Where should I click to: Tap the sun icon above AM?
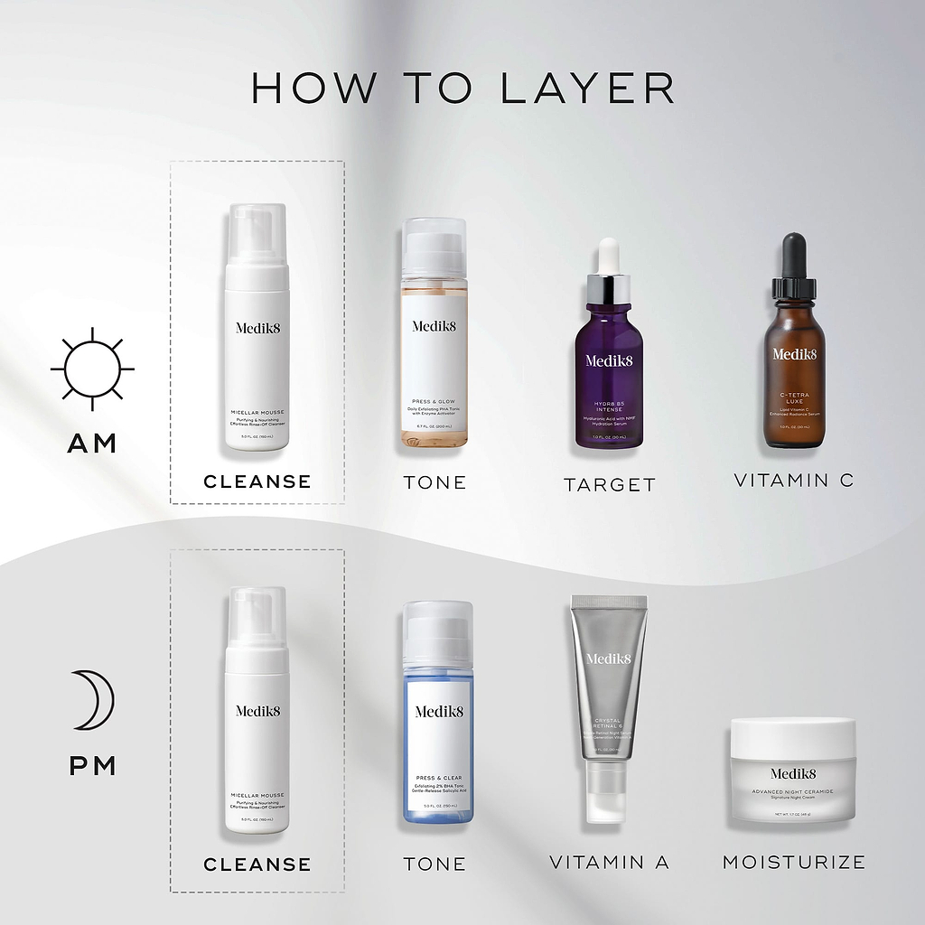(x=92, y=369)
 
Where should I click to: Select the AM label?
(x=92, y=443)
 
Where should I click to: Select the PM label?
(x=92, y=766)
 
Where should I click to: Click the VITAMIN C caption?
(x=793, y=481)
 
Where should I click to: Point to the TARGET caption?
(x=609, y=485)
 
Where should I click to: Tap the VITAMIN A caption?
(x=609, y=863)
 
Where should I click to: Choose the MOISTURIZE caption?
(x=793, y=863)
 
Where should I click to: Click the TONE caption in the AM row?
(x=434, y=482)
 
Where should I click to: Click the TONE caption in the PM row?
(x=434, y=864)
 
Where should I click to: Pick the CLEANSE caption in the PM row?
(x=257, y=864)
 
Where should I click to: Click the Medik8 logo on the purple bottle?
(x=609, y=360)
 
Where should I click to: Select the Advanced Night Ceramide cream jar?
(x=793, y=770)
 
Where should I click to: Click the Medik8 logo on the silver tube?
(x=609, y=659)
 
